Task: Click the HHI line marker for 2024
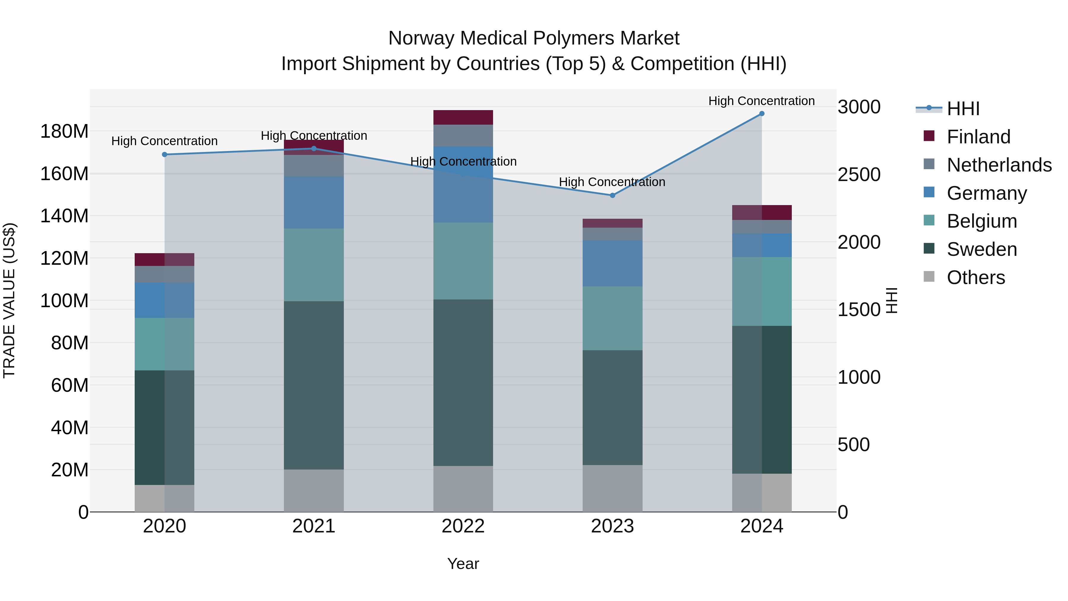pyautogui.click(x=762, y=114)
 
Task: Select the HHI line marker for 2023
pyautogui.click(x=612, y=195)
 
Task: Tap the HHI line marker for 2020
pyautogui.click(x=165, y=155)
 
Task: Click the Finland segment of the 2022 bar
pyautogui.click(x=463, y=117)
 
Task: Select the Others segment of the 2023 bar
pyautogui.click(x=612, y=488)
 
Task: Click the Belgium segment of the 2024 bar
pyautogui.click(x=762, y=291)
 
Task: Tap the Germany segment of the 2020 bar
pyautogui.click(x=165, y=300)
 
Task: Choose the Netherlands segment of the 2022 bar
pyautogui.click(x=463, y=136)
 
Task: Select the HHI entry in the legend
pyautogui.click(x=963, y=109)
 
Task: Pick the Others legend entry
pyautogui.click(x=975, y=277)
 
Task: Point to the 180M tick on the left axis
pyautogui.click(x=64, y=131)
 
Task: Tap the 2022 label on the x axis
pyautogui.click(x=463, y=526)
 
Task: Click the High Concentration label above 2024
pyautogui.click(x=761, y=101)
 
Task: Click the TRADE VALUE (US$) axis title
pyautogui.click(x=9, y=300)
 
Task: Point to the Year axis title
pyautogui.click(x=463, y=564)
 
